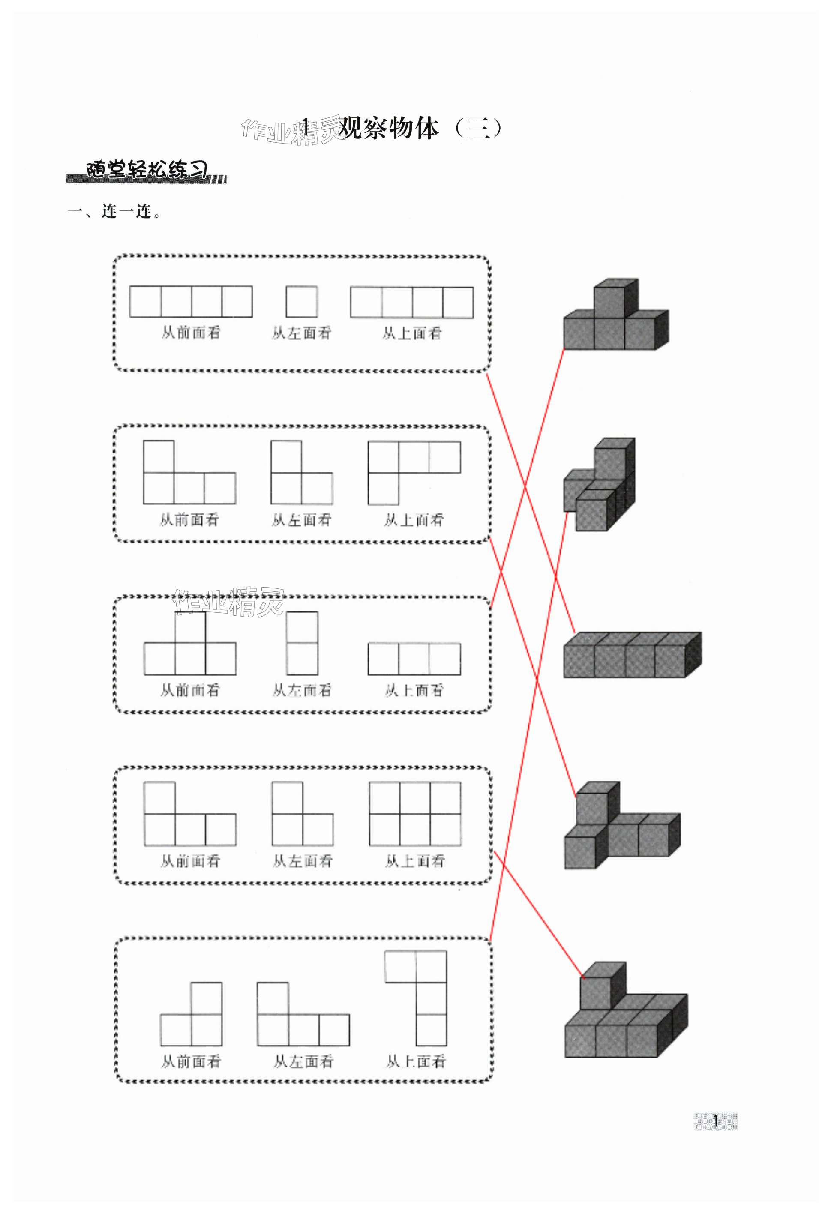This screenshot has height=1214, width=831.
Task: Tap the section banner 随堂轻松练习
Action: [146, 171]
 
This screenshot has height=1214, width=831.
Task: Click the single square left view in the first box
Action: [301, 301]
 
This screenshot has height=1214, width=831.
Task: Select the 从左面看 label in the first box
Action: [301, 333]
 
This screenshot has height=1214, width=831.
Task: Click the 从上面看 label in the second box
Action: [414, 519]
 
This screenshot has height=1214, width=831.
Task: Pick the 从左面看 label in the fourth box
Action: [303, 861]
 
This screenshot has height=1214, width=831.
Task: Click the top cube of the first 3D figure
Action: [612, 301]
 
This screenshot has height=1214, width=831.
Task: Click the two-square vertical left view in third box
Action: [302, 643]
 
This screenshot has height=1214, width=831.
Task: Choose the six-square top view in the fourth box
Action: [415, 813]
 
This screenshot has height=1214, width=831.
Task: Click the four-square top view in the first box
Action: [411, 302]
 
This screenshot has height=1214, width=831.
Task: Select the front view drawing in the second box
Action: [189, 473]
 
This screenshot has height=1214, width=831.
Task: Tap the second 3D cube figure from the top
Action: [600, 486]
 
